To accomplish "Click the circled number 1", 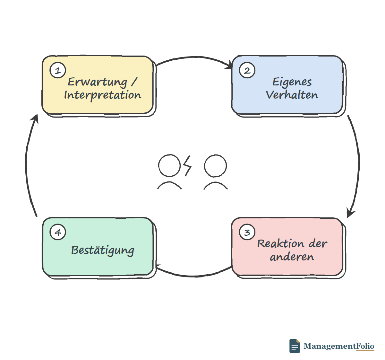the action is tap(58, 70).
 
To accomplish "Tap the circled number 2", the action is tap(247, 70).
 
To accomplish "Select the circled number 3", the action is tap(247, 232).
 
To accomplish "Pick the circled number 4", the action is tap(58, 232).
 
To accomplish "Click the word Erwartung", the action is tap(97, 82).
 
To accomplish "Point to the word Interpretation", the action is tap(103, 95).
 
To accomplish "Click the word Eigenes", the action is tap(292, 82).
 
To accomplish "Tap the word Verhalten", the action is tap(292, 95).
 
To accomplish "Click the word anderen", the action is tap(292, 257).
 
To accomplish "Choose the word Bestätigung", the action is tap(103, 250).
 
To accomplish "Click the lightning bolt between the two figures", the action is tap(187, 166).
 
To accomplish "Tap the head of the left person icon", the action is tap(169, 165).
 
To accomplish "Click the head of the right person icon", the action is tap(215, 166).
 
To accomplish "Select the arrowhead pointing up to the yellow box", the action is tap(35, 119).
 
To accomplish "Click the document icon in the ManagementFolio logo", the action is tap(295, 346).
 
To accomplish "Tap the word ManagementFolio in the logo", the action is tap(339, 346).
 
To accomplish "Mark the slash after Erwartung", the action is tap(134, 82).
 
